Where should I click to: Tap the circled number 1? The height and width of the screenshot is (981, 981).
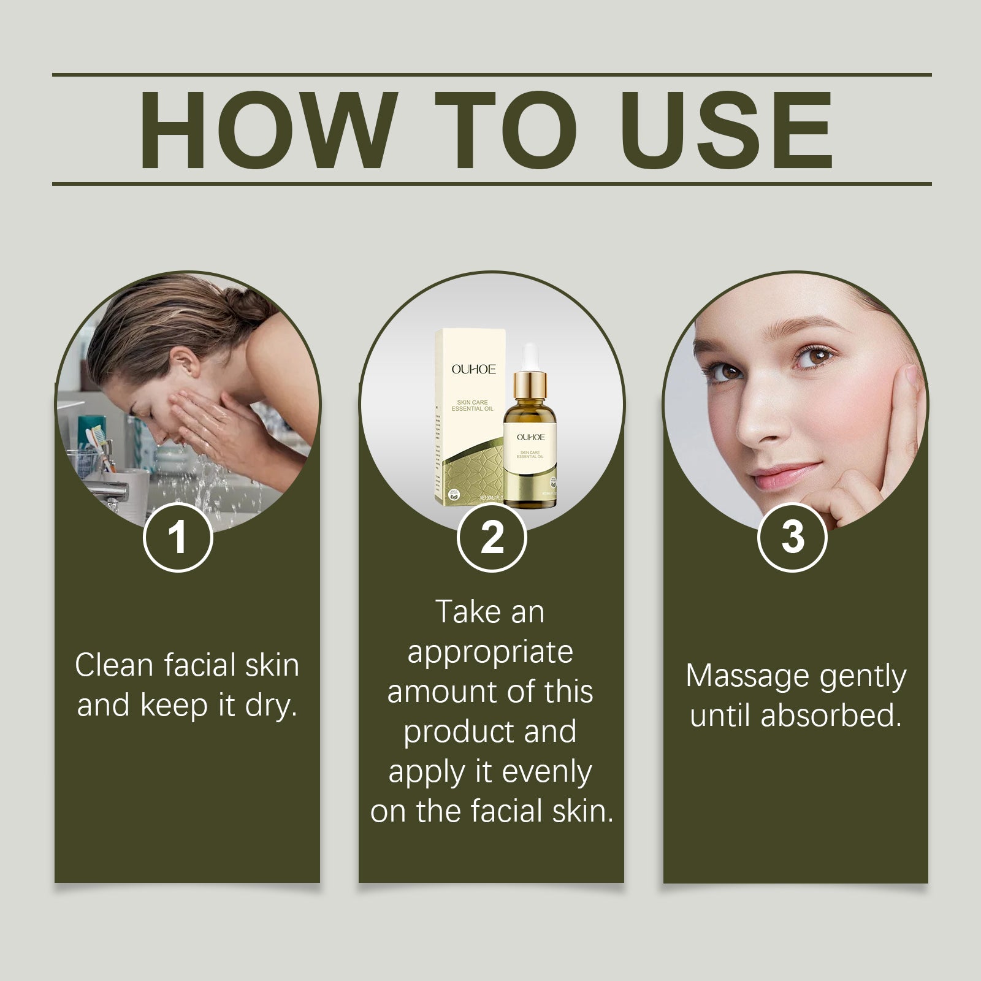click(178, 538)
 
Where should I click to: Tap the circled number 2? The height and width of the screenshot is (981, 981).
click(492, 538)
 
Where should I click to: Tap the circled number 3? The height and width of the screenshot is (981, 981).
click(793, 538)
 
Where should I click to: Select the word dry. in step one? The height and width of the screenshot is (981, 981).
click(271, 705)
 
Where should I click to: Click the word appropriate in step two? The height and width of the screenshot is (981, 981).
click(490, 651)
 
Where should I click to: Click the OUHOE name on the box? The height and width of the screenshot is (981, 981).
click(473, 369)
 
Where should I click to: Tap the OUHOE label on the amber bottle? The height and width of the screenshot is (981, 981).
click(530, 437)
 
